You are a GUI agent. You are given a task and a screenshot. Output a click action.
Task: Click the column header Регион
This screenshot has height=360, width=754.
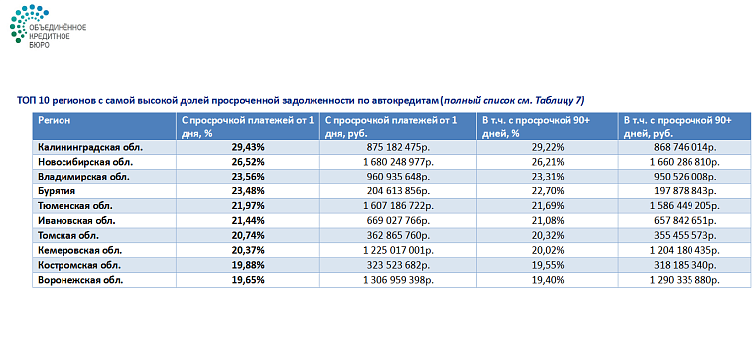(54, 119)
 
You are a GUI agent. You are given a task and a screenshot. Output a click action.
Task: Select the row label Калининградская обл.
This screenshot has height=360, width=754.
(90, 147)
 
